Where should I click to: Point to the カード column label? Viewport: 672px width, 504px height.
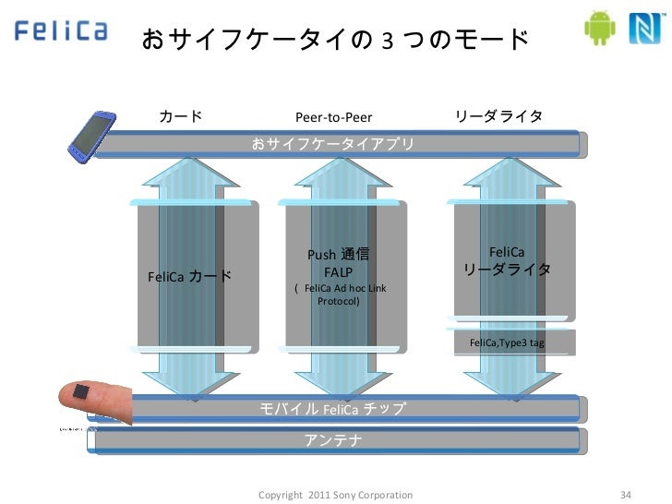coord(181,117)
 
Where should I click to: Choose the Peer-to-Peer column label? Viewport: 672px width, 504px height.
coord(332,118)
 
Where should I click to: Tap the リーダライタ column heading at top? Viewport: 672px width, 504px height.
coord(498,117)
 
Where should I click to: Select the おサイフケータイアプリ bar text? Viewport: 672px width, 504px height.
coord(333,144)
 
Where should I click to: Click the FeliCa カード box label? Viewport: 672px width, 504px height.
coord(189,276)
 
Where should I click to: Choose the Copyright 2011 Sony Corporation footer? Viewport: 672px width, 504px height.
coord(336,496)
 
